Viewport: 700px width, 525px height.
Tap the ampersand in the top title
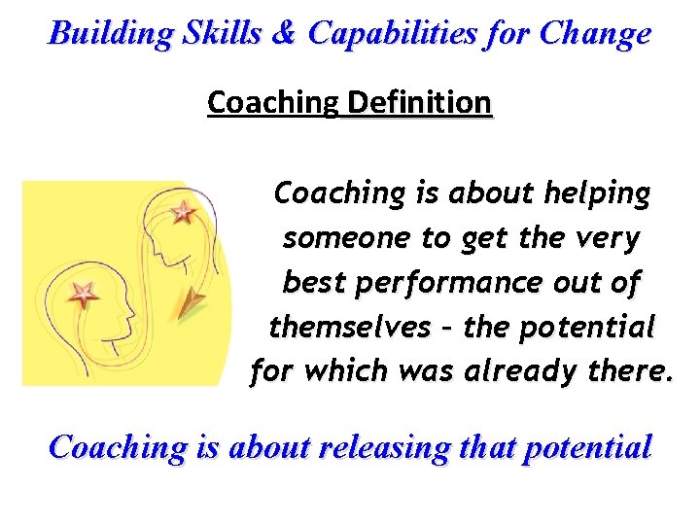pos(285,34)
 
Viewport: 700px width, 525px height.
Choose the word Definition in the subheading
pos(419,102)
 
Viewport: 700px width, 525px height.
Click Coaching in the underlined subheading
pos(272,102)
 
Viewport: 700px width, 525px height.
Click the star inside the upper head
pos(184,211)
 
